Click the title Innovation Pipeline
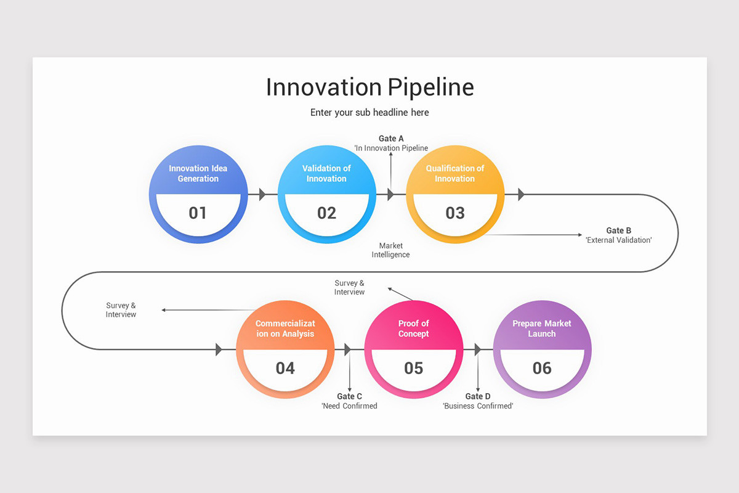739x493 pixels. [x=369, y=87]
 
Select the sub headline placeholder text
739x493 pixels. [x=369, y=112]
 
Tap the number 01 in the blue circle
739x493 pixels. [x=198, y=213]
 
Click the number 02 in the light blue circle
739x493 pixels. [x=326, y=213]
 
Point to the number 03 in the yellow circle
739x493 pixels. [x=455, y=213]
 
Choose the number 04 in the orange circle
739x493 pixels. [x=285, y=369]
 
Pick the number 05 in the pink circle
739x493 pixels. [x=414, y=369]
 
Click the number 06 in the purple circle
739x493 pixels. [x=542, y=369]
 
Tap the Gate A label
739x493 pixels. [x=391, y=139]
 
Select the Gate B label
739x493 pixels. [x=618, y=230]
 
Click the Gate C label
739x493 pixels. [x=349, y=396]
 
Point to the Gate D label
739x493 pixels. [x=478, y=396]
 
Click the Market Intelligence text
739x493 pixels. [x=390, y=250]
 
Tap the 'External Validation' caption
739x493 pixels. [x=618, y=240]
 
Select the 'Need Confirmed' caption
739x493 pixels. [x=349, y=406]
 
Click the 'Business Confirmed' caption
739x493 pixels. [x=478, y=406]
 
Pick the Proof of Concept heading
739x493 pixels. [x=413, y=328]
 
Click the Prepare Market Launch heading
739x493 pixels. [x=542, y=328]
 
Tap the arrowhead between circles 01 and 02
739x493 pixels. [x=262, y=195]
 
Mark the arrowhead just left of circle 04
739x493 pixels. [x=219, y=349]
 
